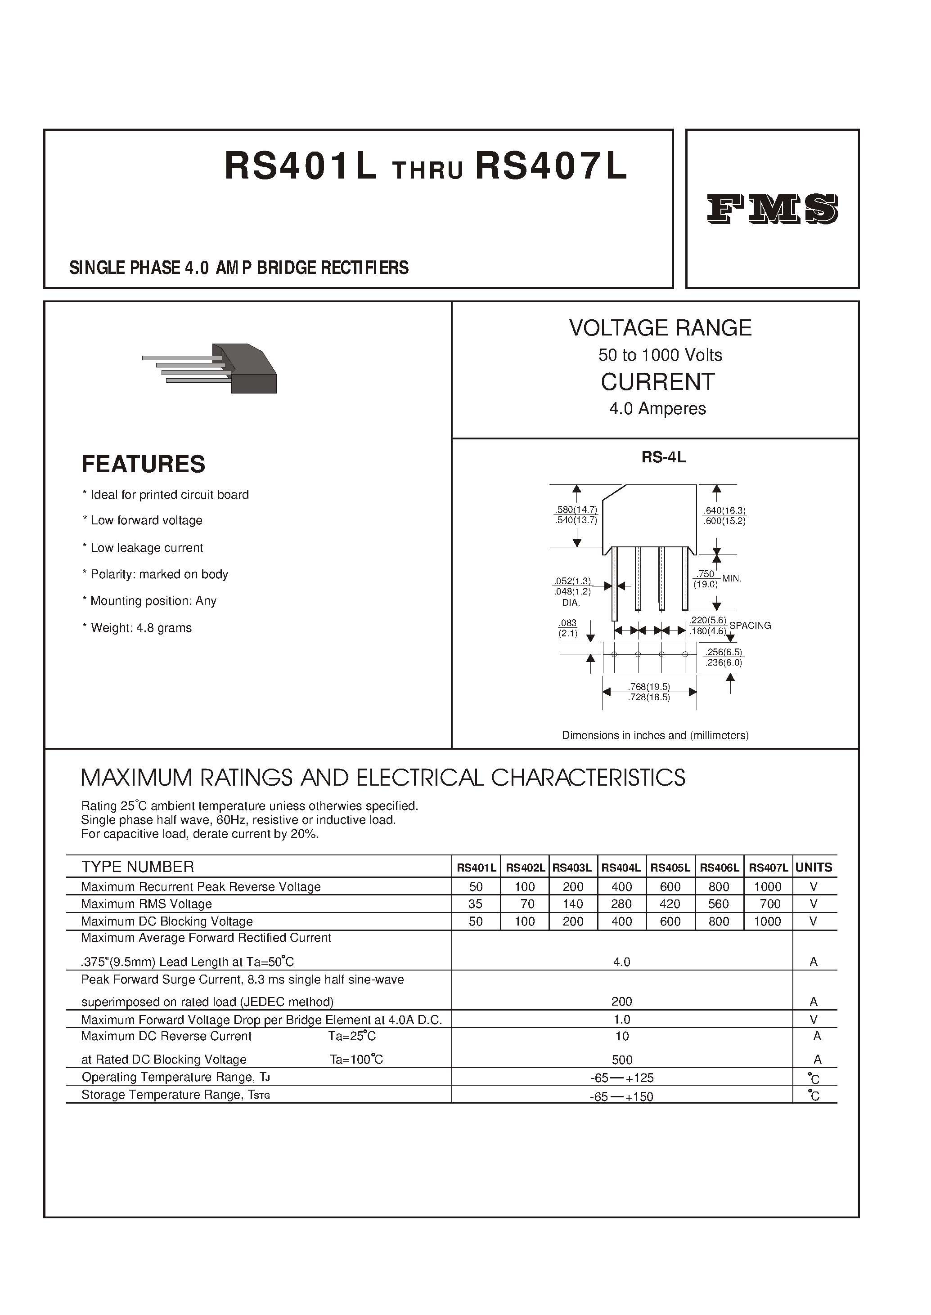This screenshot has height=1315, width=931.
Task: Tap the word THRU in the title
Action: [x=427, y=170]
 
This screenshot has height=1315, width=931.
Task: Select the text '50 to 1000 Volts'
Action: [x=660, y=355]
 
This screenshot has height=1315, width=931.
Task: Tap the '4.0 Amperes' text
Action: [x=657, y=408]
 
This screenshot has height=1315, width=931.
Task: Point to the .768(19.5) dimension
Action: [x=649, y=686]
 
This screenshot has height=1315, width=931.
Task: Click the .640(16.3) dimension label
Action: [x=724, y=510]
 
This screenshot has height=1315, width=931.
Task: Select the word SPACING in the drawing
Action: [x=750, y=626]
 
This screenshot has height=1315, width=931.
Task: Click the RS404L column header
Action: [x=621, y=868]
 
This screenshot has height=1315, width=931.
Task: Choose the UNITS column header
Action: [x=814, y=868]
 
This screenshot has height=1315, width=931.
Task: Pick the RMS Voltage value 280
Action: [x=621, y=904]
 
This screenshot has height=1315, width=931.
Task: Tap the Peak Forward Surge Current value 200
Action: [x=621, y=1001]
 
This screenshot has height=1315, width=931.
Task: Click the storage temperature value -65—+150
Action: [x=621, y=1096]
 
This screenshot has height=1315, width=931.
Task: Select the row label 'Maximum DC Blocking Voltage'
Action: [x=167, y=921]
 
